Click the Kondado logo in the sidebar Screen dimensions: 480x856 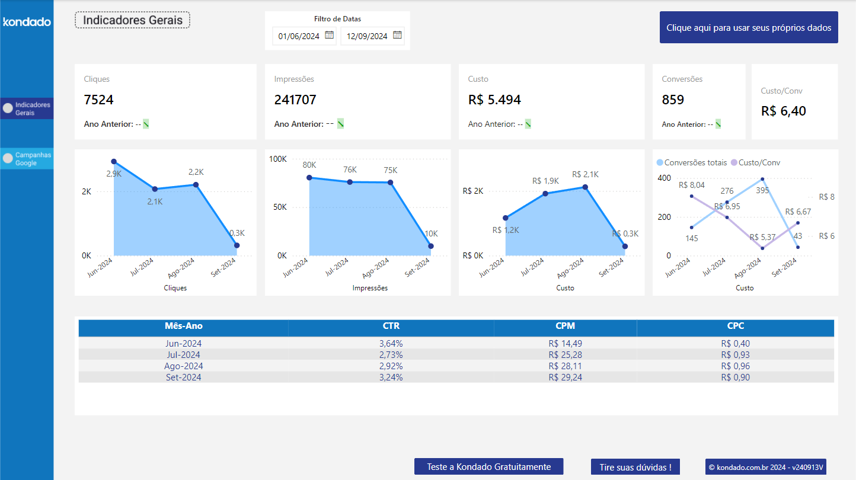(27, 22)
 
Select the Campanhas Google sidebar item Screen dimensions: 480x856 (27, 159)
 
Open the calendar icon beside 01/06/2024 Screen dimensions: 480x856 (329, 36)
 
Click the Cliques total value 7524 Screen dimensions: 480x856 (99, 100)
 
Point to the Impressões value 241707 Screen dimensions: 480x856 (295, 100)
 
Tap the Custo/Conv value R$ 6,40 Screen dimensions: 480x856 (783, 111)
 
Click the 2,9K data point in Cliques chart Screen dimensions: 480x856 (114, 162)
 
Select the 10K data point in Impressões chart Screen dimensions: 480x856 (431, 246)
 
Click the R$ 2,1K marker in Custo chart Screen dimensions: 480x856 (585, 187)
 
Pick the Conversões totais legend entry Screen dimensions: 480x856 (691, 162)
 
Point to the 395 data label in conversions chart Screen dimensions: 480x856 (762, 190)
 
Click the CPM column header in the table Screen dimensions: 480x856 (565, 326)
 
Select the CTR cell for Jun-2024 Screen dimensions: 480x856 (391, 344)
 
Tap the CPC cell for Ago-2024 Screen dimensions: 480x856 (735, 366)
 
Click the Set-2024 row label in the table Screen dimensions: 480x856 (183, 377)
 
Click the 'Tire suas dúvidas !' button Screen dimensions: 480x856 (635, 467)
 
